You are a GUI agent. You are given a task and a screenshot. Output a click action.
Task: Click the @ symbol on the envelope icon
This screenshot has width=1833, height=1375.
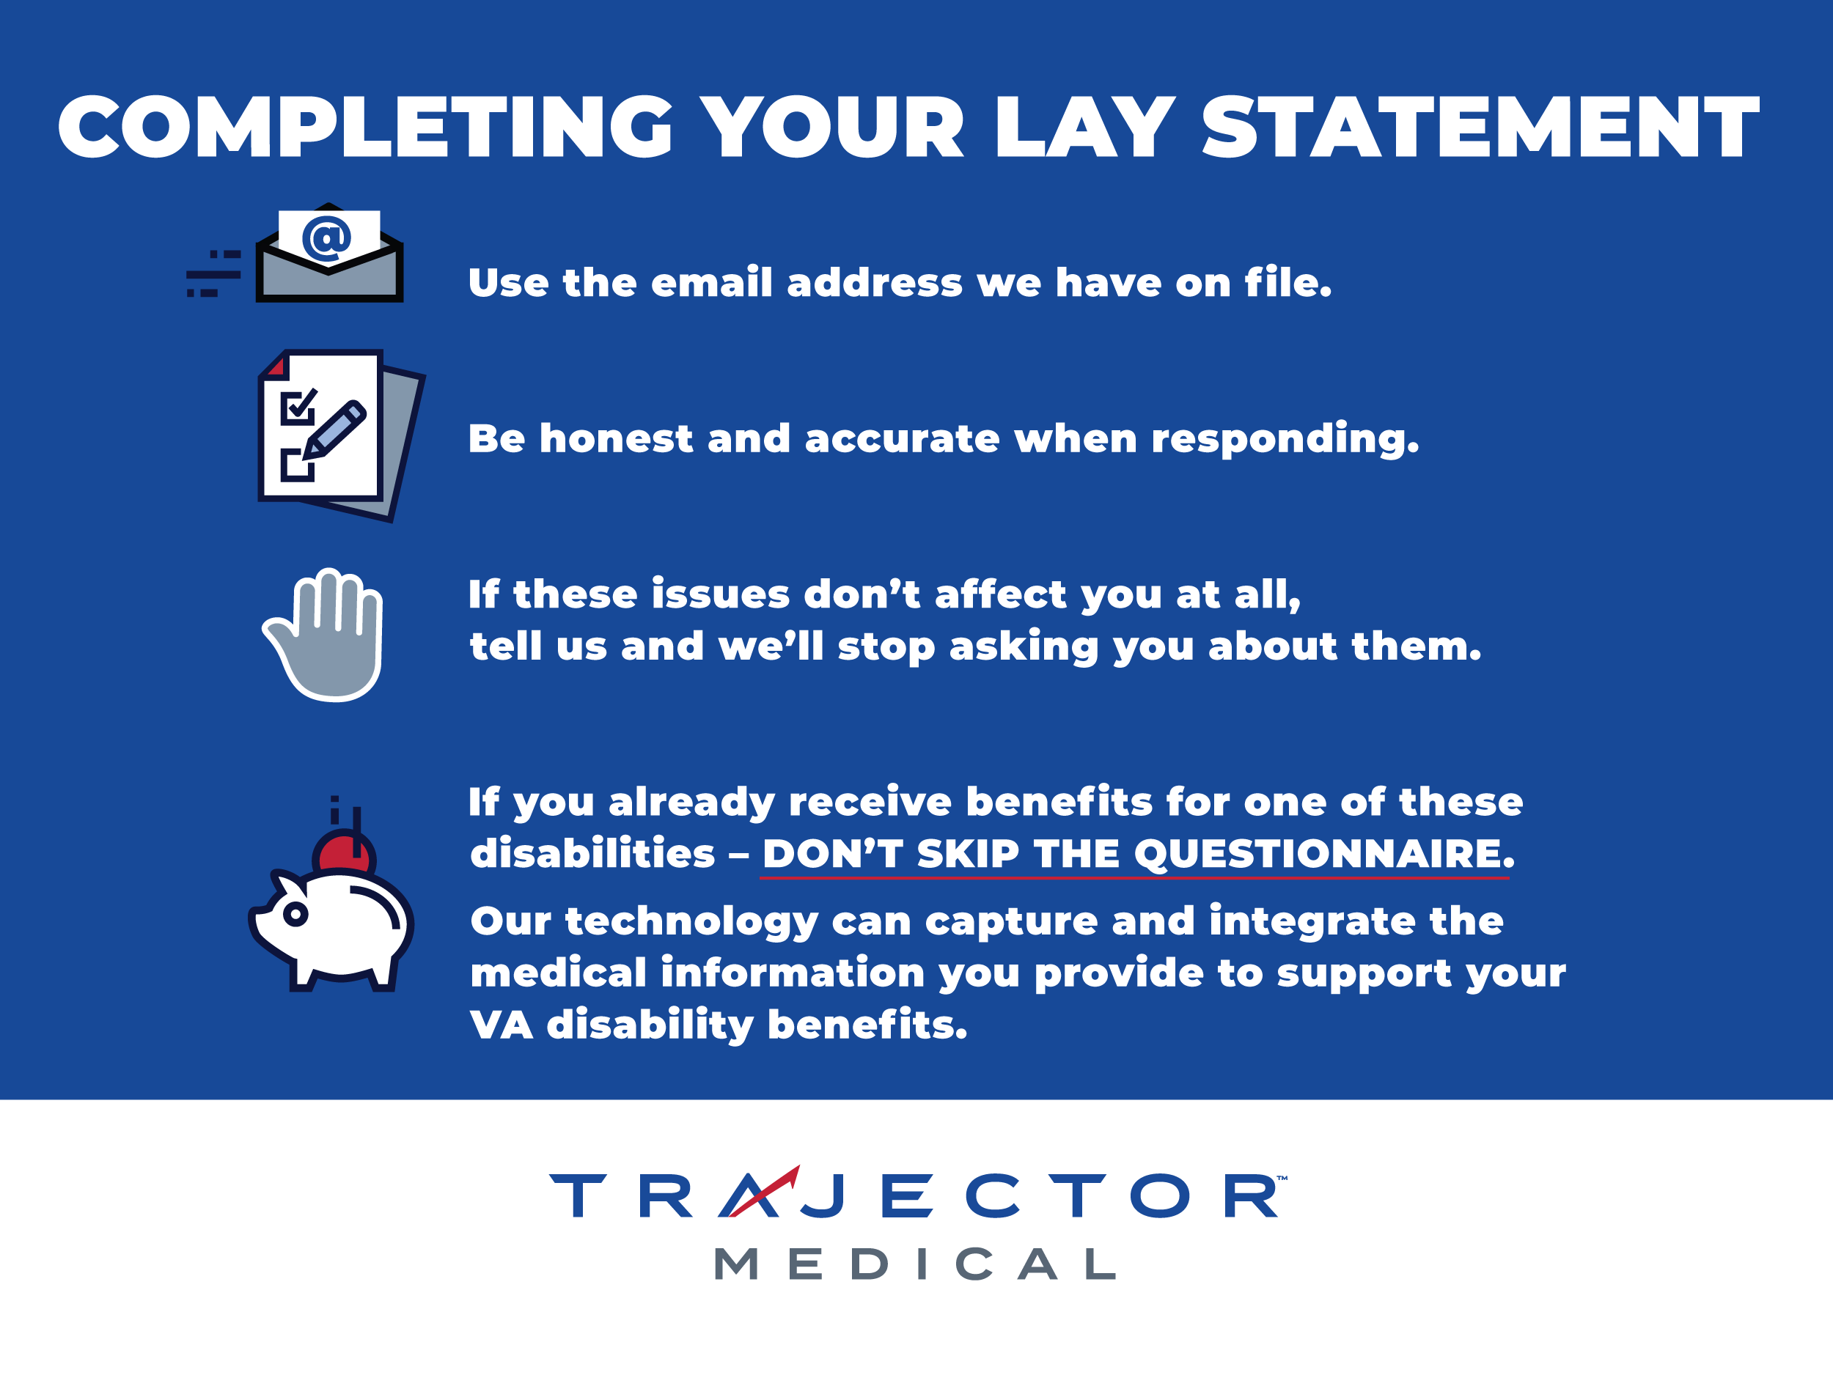coord(326,238)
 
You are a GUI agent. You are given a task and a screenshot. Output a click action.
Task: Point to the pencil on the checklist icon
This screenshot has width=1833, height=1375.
coord(334,431)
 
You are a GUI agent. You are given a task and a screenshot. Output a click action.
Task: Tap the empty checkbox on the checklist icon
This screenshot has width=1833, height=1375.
coord(298,465)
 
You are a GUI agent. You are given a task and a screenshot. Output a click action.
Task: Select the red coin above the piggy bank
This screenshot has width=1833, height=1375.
coord(343,853)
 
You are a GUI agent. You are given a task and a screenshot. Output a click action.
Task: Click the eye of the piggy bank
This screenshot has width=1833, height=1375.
coord(295,915)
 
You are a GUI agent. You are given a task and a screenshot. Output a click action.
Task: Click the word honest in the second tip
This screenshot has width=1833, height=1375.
coord(616,438)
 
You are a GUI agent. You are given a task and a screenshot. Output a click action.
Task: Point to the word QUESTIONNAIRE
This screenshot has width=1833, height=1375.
coord(1323,853)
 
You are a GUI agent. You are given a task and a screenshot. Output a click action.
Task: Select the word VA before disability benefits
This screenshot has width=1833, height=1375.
coord(502,1025)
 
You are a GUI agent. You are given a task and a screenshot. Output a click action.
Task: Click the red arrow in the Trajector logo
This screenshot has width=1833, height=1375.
coord(764,1190)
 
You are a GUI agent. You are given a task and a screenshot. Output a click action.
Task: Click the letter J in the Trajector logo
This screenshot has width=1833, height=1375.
coord(823,1196)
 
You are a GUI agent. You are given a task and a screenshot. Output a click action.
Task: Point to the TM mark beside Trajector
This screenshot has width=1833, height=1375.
coord(1282,1177)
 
